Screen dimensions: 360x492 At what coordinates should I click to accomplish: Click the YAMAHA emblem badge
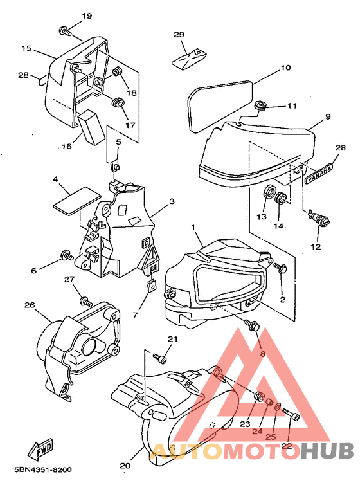(x=318, y=172)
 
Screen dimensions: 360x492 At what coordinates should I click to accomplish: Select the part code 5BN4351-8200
(x=43, y=469)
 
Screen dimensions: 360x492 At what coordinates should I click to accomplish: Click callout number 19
(x=87, y=15)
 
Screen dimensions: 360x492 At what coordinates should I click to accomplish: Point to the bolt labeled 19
(x=65, y=31)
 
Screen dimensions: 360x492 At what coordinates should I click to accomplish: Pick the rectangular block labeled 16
(x=90, y=127)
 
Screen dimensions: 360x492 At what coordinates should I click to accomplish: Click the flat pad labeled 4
(x=77, y=201)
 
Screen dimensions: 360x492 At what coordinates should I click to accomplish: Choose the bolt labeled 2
(x=280, y=268)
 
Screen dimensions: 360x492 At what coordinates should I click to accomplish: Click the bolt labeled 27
(x=86, y=302)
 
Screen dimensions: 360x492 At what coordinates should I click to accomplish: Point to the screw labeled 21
(x=160, y=358)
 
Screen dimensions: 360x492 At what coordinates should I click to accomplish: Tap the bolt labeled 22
(x=291, y=414)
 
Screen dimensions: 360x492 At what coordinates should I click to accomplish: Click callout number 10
(x=285, y=68)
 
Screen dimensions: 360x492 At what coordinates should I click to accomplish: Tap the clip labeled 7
(x=152, y=286)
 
